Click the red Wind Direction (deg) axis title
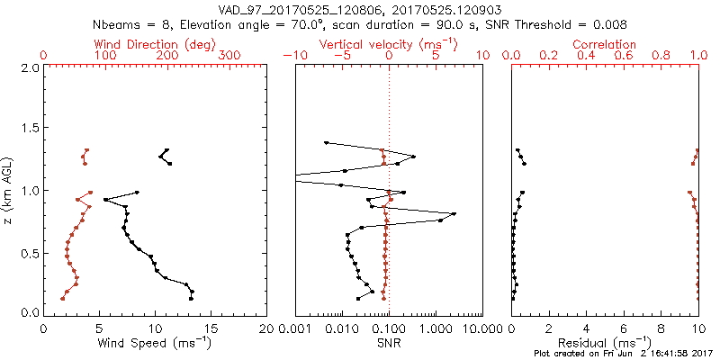157,44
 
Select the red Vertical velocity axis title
389,44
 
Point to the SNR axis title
389,343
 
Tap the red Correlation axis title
605,44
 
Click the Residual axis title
606,343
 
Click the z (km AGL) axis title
12,190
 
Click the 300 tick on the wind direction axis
230,56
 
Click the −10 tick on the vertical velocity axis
294,56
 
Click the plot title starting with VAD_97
360,10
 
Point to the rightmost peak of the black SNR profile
454,213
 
